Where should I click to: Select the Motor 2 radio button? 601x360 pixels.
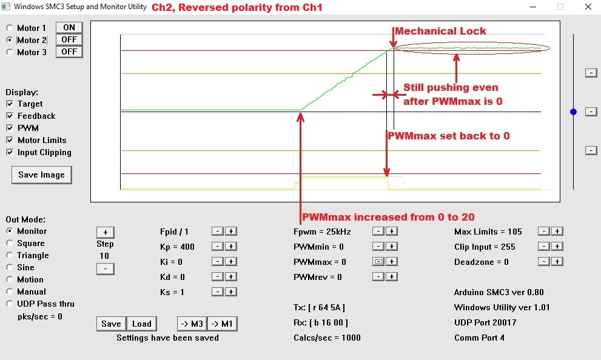click(10, 40)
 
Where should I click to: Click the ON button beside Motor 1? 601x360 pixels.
click(69, 27)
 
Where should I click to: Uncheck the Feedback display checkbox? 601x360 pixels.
click(10, 116)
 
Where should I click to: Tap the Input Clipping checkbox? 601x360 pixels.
click(10, 152)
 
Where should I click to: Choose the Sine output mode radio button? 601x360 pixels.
click(10, 267)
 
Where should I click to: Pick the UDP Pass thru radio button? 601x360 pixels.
click(10, 304)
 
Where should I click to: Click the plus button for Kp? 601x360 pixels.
click(230, 246)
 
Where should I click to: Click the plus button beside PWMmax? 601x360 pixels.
click(391, 262)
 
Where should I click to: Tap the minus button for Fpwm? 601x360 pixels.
click(378, 232)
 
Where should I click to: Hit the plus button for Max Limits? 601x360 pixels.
click(557, 232)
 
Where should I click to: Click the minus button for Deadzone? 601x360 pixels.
click(544, 262)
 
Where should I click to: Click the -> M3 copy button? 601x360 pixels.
click(192, 324)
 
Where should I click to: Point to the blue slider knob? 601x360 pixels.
click(573, 112)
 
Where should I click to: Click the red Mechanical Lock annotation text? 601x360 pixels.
click(440, 31)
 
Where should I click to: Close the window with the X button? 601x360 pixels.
click(588, 7)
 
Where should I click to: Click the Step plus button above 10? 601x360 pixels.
click(106, 232)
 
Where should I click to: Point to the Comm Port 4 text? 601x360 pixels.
click(479, 338)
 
